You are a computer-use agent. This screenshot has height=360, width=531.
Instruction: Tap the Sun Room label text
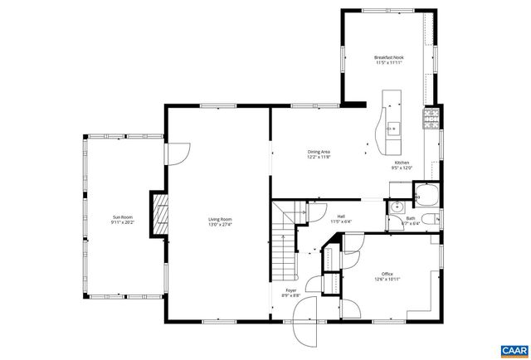[x=123, y=219]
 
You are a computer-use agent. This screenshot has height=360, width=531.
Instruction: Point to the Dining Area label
[x=319, y=152]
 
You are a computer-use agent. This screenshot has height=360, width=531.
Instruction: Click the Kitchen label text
[x=402, y=162]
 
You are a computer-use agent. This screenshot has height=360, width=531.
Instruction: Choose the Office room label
[x=387, y=274]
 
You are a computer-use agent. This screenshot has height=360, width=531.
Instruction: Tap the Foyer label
[x=291, y=290]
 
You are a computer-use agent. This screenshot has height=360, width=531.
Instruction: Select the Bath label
[x=411, y=218]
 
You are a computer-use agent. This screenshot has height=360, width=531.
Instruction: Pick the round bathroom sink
[x=397, y=206]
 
